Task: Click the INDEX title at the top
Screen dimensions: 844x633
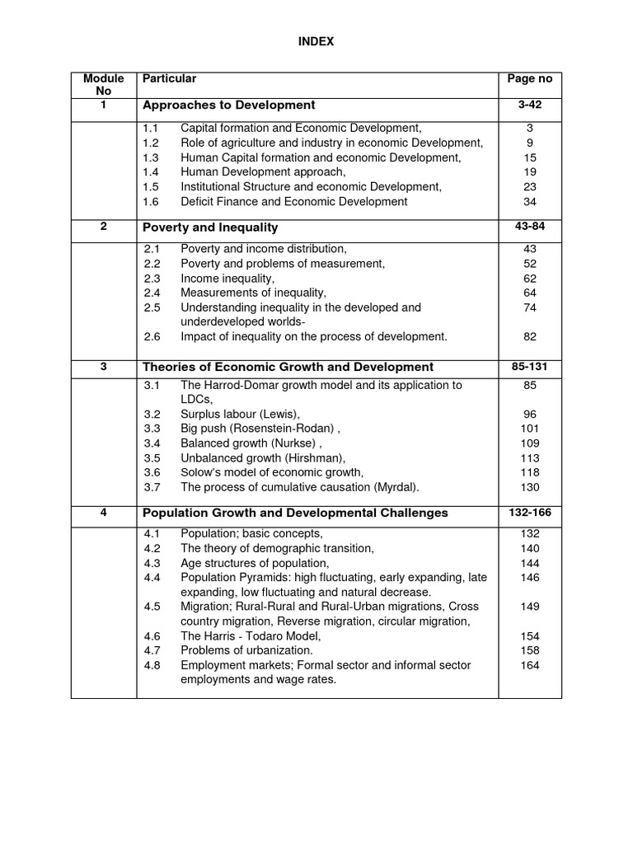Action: point(316,41)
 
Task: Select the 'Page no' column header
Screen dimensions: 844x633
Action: point(529,79)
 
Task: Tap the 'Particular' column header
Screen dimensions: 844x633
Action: point(169,79)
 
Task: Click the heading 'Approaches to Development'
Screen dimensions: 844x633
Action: point(228,105)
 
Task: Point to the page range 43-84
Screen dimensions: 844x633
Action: point(529,227)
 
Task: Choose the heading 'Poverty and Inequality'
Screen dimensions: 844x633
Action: point(210,227)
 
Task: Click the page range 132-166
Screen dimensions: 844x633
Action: point(529,513)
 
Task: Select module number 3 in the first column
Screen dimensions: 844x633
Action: point(104,367)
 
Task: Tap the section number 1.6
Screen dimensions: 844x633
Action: point(150,202)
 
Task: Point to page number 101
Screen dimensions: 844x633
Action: point(529,429)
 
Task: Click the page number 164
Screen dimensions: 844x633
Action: point(529,665)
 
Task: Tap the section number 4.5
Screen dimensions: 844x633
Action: point(150,607)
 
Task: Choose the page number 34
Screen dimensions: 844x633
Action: point(529,202)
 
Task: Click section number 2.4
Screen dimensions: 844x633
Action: point(150,293)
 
